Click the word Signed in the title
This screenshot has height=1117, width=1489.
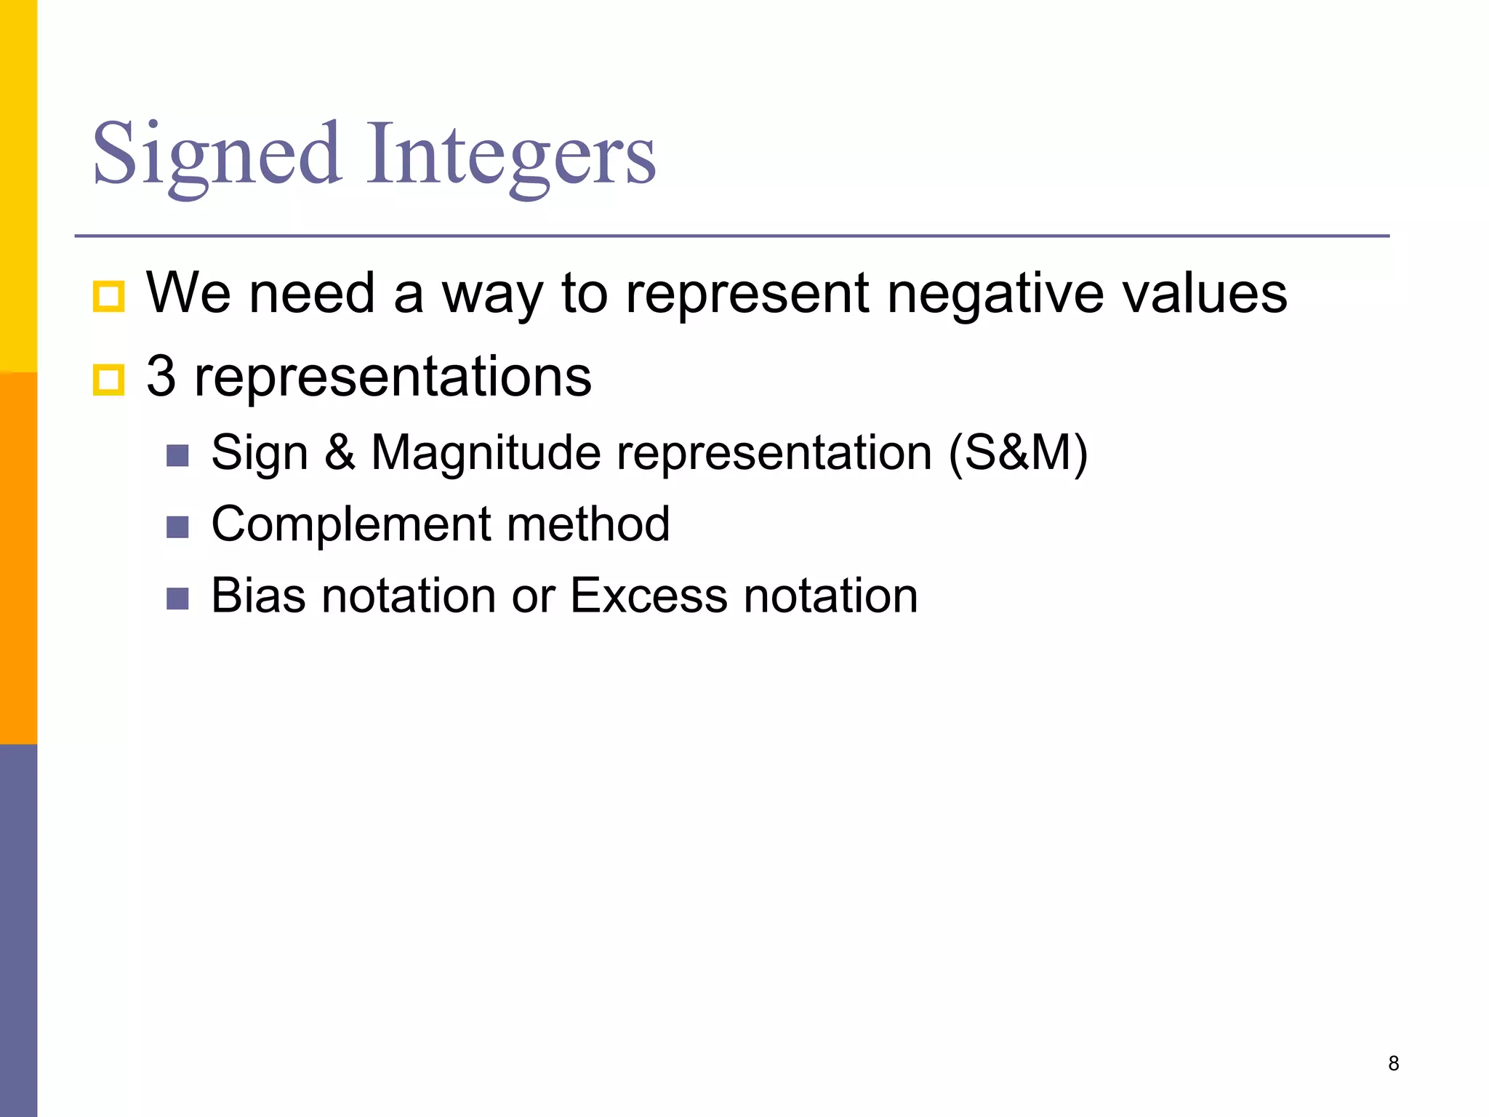(217, 154)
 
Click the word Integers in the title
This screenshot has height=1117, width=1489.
(511, 154)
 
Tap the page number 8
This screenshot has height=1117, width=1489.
(1393, 1063)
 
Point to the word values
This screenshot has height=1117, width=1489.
(1205, 294)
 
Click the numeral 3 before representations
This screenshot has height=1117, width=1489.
(161, 376)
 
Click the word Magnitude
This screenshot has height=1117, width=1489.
(486, 454)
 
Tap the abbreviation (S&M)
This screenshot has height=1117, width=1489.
(1018, 454)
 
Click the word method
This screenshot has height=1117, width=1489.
(588, 524)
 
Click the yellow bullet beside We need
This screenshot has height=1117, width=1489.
(109, 297)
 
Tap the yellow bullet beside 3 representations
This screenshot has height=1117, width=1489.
(109, 380)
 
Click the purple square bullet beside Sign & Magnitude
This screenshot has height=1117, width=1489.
(177, 456)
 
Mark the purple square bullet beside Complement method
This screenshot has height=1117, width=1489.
(177, 527)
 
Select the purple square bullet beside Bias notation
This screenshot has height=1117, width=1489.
(177, 598)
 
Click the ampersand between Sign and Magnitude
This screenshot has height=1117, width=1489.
(340, 452)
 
